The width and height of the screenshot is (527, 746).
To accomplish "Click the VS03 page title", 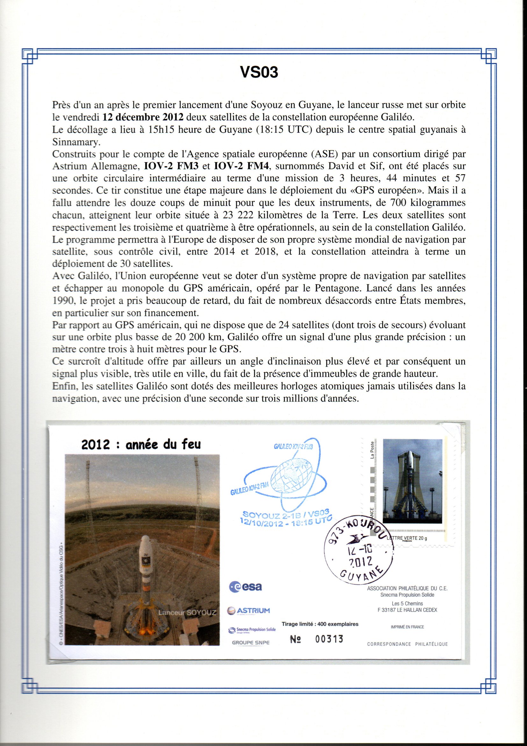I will (259, 72).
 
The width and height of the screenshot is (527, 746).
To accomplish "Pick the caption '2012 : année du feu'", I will (141, 445).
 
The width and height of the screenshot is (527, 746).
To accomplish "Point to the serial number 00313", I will (329, 639).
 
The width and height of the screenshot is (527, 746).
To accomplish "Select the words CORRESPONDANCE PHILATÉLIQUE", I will (407, 644).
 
